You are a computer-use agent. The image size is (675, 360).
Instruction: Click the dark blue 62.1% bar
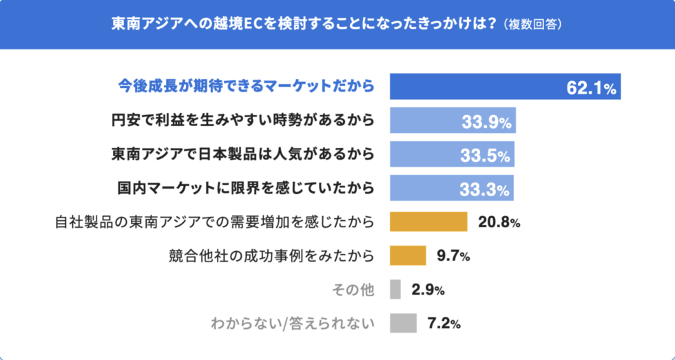[x=505, y=87]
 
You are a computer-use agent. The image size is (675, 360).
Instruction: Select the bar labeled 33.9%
[x=452, y=120]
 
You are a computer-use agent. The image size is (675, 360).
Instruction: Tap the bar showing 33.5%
[x=451, y=154]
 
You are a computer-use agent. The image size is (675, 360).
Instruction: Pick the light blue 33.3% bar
[x=451, y=188]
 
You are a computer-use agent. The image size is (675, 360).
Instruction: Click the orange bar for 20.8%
[x=428, y=222]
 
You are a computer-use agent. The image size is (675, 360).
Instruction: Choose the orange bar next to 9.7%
[x=408, y=255]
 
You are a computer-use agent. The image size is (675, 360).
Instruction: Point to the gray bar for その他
[x=395, y=289]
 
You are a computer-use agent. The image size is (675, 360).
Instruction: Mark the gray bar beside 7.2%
[x=403, y=323]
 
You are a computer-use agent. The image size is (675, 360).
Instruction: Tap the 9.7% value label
[x=453, y=256]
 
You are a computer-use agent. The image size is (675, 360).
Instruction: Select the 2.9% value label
[x=428, y=290]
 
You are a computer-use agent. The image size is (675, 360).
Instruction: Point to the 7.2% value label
[x=444, y=324]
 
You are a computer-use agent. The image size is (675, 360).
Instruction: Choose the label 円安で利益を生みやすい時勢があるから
[x=242, y=120]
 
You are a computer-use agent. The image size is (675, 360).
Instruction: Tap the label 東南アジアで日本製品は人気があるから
[x=242, y=154]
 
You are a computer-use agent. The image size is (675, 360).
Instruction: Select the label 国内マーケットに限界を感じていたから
[x=242, y=188]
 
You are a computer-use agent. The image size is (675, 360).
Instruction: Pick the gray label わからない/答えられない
[x=292, y=323]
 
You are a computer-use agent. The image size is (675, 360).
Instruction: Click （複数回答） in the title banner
[x=534, y=25]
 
